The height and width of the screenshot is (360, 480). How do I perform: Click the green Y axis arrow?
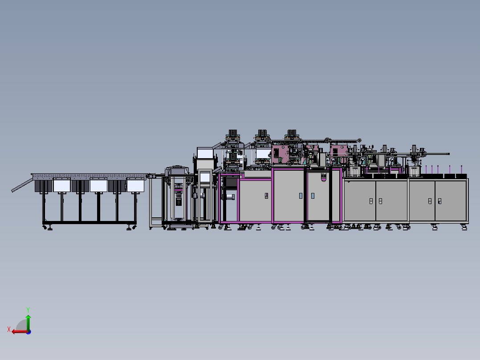(28, 322)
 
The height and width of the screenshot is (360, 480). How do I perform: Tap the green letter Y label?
(28, 310)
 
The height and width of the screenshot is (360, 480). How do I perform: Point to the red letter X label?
(9, 329)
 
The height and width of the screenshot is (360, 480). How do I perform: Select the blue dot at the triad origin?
(28, 332)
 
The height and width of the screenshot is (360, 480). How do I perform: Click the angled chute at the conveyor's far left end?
(22, 185)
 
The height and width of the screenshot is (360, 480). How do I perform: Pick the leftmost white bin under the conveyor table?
(62, 186)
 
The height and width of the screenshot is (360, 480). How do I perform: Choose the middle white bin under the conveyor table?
(98, 186)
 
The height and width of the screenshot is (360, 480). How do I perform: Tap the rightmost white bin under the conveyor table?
(135, 186)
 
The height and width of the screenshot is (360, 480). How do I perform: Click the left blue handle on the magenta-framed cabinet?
(301, 196)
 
